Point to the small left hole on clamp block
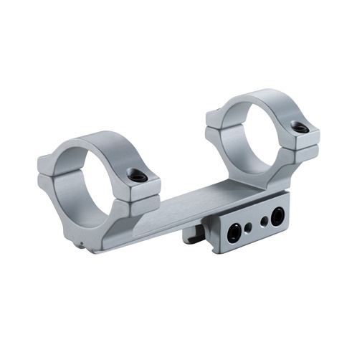tap(249, 227)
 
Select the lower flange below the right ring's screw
tap(305, 152)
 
